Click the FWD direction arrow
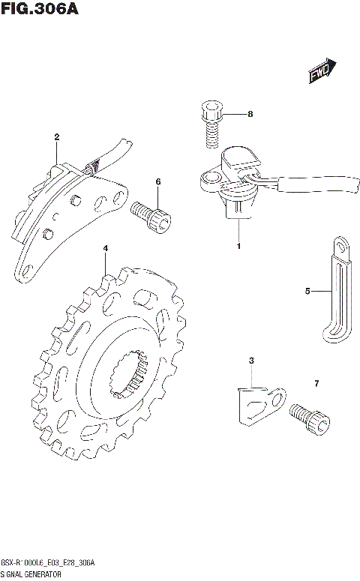[x=322, y=70]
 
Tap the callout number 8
[x=250, y=114]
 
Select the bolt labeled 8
[x=211, y=124]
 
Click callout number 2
[x=57, y=137]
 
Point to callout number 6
[x=158, y=181]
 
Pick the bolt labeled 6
[x=151, y=217]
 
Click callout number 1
[x=238, y=246]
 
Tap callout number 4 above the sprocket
[x=106, y=248]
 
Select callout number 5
[x=307, y=291]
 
